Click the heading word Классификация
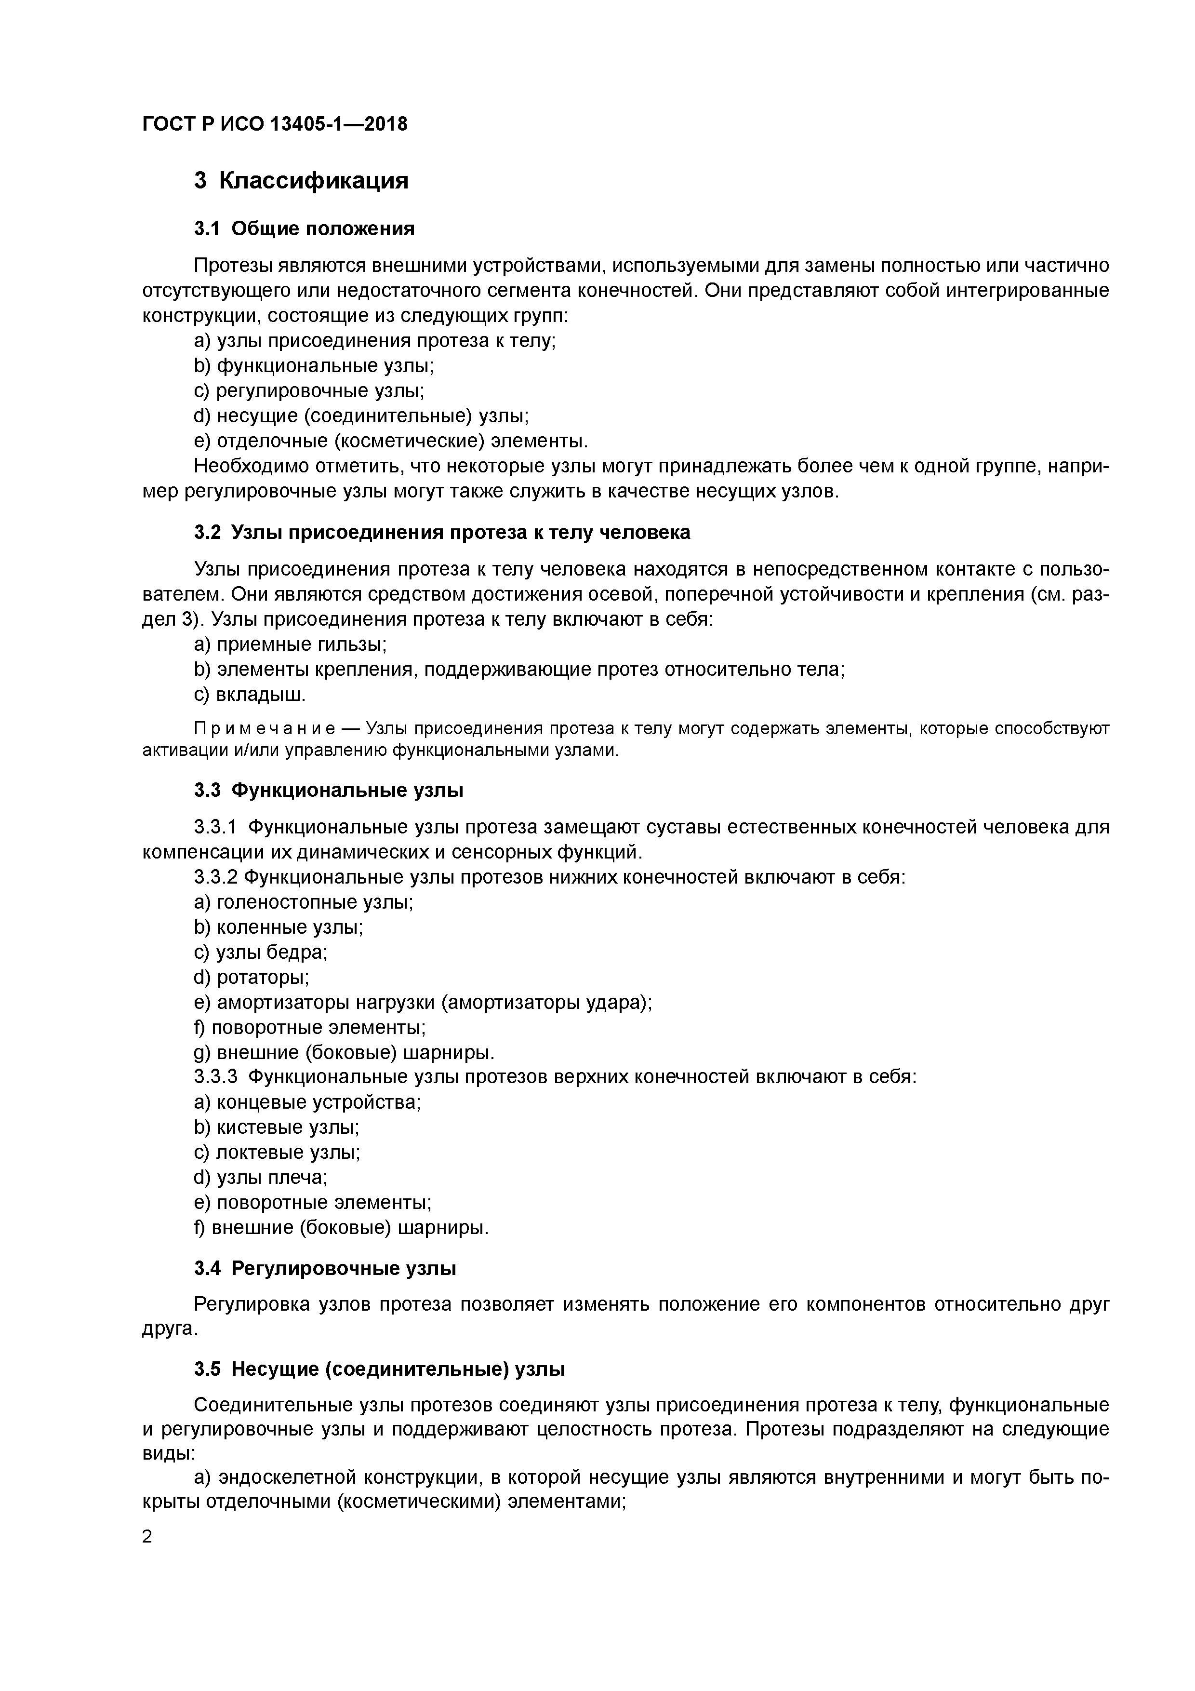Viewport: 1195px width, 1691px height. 314,180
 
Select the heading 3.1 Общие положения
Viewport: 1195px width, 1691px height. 304,229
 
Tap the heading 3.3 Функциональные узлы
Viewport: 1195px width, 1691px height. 329,790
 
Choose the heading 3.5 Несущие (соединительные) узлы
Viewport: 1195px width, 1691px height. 379,1369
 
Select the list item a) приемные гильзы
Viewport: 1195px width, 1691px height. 290,644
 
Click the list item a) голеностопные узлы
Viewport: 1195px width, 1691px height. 304,902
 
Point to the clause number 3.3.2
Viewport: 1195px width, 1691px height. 216,877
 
